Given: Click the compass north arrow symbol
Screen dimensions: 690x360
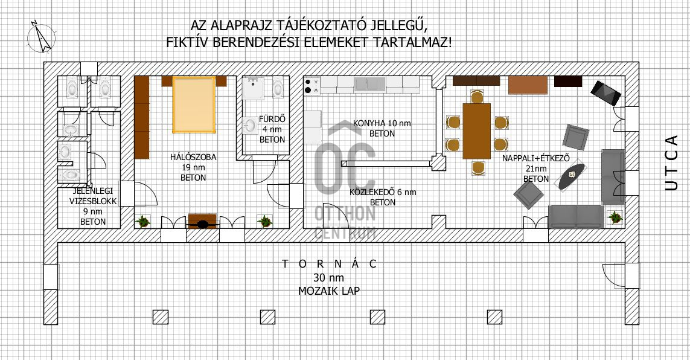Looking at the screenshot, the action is (x=42, y=37).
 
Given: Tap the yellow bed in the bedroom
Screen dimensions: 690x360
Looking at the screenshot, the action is (x=194, y=104).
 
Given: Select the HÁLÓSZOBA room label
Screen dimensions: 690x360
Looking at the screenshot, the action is (x=193, y=157).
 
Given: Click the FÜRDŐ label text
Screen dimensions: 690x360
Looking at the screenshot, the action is (x=272, y=119).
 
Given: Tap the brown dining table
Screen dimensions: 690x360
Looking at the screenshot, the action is (x=476, y=130).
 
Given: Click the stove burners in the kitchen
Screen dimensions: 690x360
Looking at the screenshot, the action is (x=311, y=85).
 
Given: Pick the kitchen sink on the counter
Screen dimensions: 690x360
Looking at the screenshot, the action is (x=370, y=83).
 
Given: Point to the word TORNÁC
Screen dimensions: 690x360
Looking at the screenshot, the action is (x=330, y=264).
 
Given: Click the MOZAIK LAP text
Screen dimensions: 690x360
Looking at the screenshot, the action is (x=329, y=291).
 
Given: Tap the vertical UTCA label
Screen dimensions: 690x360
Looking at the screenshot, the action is (x=671, y=162).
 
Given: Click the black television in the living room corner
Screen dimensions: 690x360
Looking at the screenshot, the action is (x=605, y=92).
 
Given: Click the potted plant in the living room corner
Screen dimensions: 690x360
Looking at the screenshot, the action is (x=615, y=217).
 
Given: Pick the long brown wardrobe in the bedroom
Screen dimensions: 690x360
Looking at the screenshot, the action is (x=142, y=117).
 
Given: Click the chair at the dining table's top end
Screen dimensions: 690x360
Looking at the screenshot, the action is (x=477, y=97).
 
